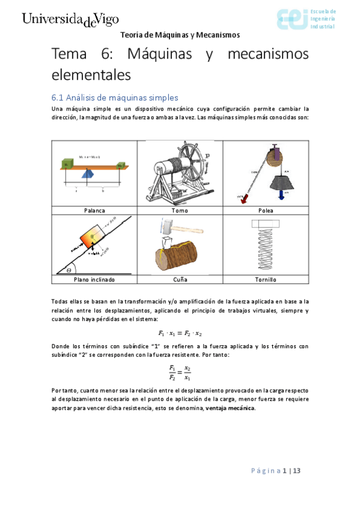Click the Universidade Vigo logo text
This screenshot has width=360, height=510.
pos(70,19)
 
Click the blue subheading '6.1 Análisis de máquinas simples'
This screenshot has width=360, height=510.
pos(114,97)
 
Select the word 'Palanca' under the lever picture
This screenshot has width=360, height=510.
pos(94,210)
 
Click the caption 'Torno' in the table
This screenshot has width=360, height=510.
pos(180,210)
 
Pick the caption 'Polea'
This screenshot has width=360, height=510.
pos(266,210)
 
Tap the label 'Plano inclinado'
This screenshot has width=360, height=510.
pos(94,280)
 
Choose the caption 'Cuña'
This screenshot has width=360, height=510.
pos(180,280)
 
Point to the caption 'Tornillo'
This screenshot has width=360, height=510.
pos(266,280)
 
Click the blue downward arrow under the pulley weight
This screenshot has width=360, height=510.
pos(281,196)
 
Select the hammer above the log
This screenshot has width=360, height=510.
pos(169,227)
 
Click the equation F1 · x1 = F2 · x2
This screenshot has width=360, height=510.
pos(180,333)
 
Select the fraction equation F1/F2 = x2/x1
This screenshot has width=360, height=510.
pos(180,373)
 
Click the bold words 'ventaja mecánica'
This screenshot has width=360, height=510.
pos(230,408)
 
